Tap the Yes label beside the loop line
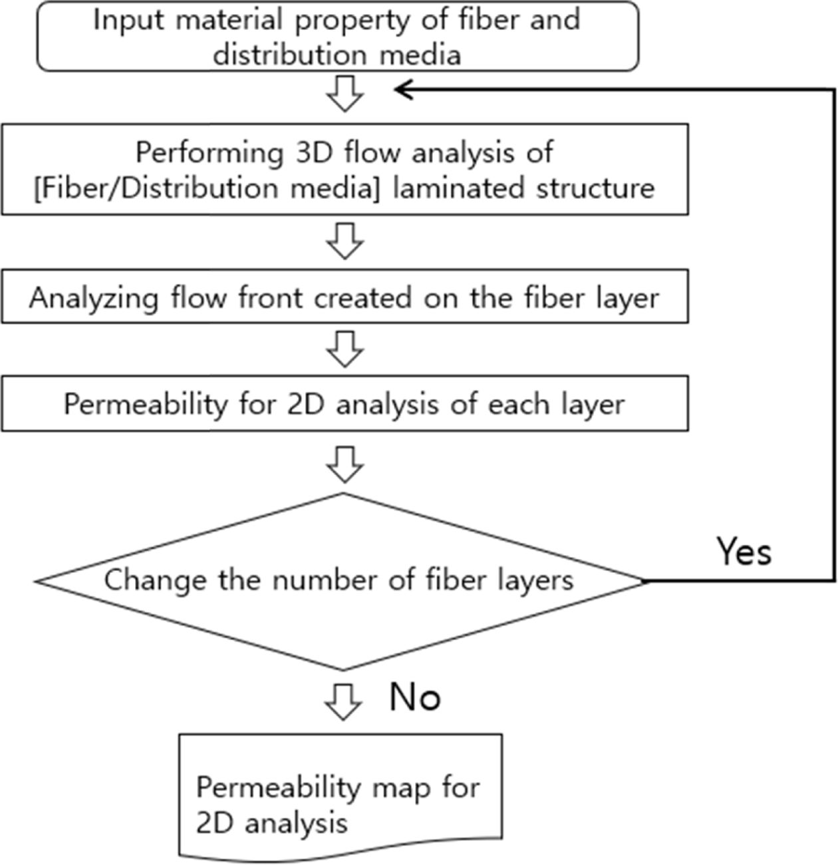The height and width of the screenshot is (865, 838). [x=744, y=552]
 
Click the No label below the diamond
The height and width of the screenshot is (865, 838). [x=415, y=697]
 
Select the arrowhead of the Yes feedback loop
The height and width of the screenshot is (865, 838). [x=403, y=90]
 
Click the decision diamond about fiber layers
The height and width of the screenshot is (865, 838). [x=342, y=581]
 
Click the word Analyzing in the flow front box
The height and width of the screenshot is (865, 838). [x=94, y=297]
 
